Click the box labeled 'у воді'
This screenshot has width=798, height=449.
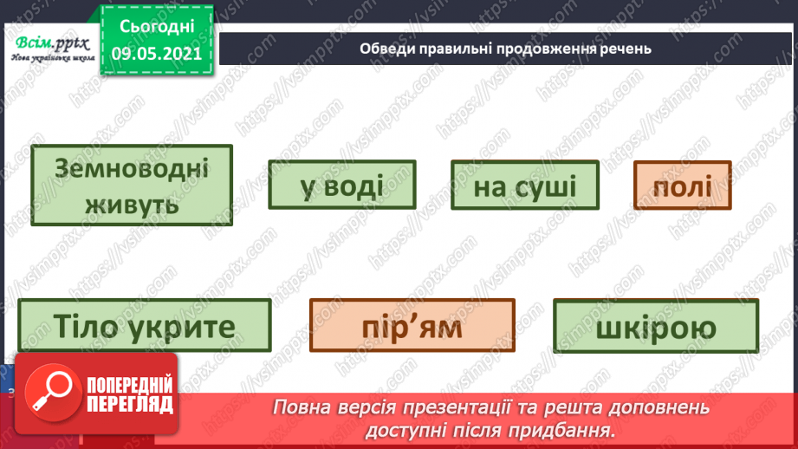pyautogui.click(x=341, y=185)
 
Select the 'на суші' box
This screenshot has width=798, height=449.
pyautogui.click(x=524, y=185)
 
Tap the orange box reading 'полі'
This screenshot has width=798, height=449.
pyautogui.click(x=682, y=185)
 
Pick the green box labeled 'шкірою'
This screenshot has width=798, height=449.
pyautogui.click(x=655, y=327)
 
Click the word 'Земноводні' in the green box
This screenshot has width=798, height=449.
pyautogui.click(x=132, y=167)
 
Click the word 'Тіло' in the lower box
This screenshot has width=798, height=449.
pyautogui.click(x=85, y=326)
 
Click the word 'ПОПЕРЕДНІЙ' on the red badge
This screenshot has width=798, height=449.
pyautogui.click(x=129, y=385)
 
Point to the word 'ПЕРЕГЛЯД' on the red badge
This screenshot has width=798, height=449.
pyautogui.click(x=129, y=404)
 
